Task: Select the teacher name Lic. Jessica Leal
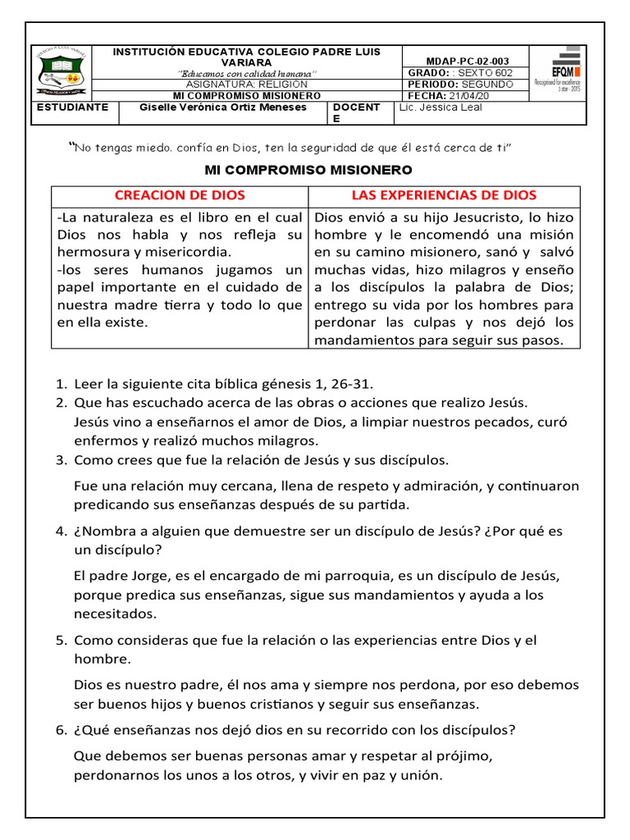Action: point(441,107)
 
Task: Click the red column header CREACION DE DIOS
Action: point(180,195)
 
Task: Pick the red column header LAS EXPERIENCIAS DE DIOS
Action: point(444,195)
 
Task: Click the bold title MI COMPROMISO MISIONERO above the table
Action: point(308,170)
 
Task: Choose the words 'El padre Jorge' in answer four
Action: point(115,576)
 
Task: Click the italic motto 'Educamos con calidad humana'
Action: point(247,74)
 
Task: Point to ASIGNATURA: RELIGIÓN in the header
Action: point(247,84)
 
